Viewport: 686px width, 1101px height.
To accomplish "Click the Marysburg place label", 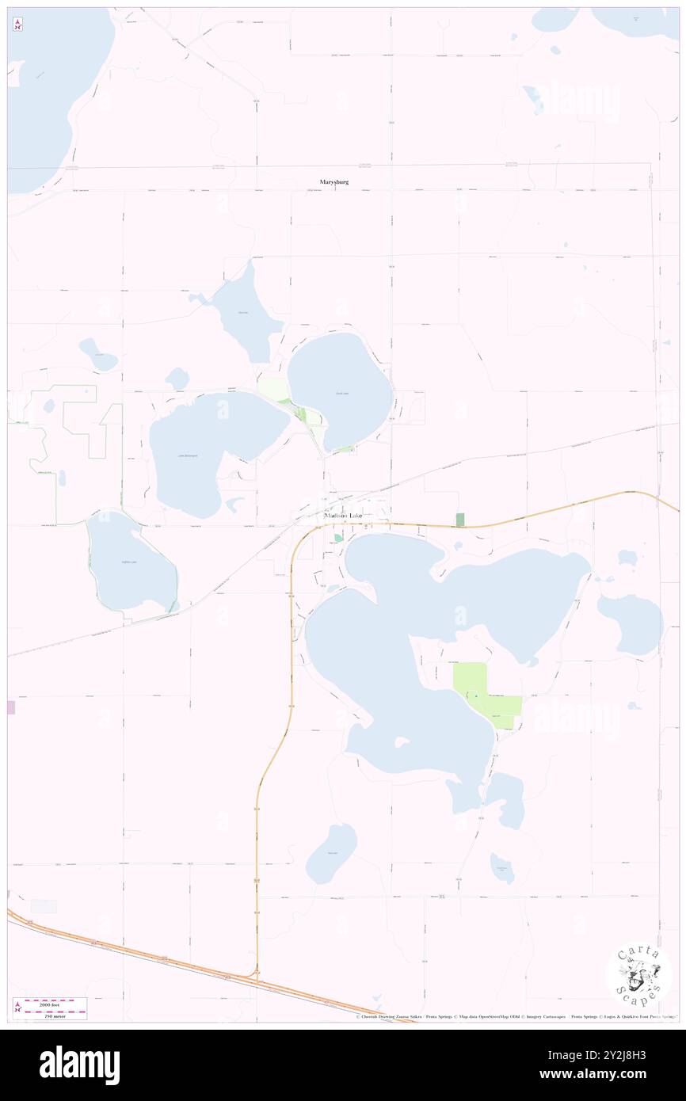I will (x=334, y=182).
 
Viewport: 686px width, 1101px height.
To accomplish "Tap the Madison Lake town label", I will (x=344, y=516).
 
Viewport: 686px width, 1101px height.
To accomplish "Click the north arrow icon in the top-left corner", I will (x=17, y=24).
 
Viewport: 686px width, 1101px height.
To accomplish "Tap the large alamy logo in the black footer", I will (x=79, y=1065).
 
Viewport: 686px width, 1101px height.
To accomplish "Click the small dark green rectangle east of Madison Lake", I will (x=460, y=520).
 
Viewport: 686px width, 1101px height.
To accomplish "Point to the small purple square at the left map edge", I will (x=11, y=707).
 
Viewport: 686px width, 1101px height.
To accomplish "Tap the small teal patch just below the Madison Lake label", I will (x=338, y=538).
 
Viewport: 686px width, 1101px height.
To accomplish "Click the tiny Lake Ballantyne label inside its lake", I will (x=187, y=455).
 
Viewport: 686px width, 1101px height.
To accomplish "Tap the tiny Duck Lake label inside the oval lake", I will (x=341, y=393).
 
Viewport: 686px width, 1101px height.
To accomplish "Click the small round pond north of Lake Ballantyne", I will (x=177, y=379).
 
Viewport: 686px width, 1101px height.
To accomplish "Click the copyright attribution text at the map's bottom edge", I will (x=515, y=1017).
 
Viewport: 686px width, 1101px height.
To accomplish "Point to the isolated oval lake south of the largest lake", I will (x=332, y=852).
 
